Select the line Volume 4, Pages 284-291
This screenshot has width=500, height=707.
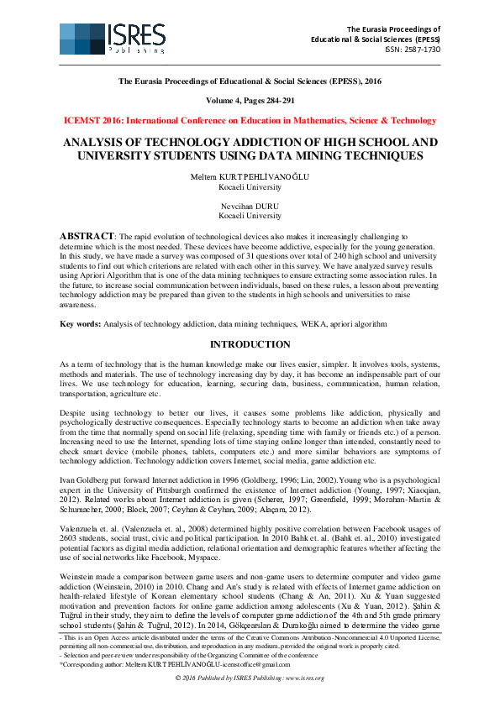point(250,100)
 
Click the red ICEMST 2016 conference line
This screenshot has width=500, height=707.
point(250,120)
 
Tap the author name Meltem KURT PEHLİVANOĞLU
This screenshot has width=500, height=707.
point(250,177)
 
